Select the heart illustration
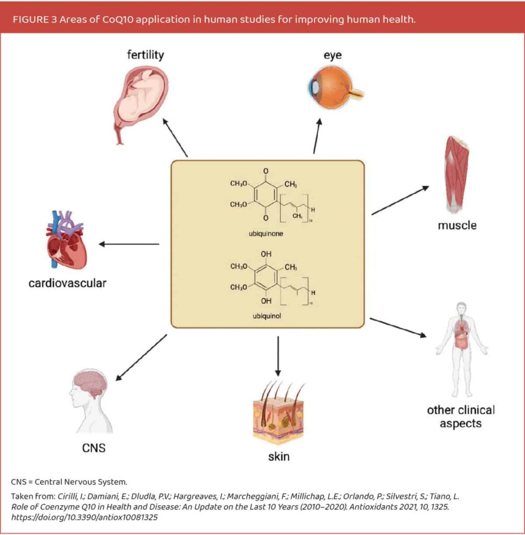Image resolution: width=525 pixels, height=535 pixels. (63, 240)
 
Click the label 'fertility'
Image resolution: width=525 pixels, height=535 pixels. (145, 54)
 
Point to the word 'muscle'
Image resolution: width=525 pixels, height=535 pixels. (457, 225)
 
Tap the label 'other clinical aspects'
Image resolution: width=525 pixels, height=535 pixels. (460, 416)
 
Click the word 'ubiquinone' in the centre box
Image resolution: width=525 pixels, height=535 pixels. (266, 234)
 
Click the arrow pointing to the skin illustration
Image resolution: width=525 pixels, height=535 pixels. (278, 355)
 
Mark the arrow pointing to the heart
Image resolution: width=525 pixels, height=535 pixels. (129, 244)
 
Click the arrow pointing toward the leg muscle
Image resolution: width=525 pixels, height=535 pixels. (400, 200)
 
